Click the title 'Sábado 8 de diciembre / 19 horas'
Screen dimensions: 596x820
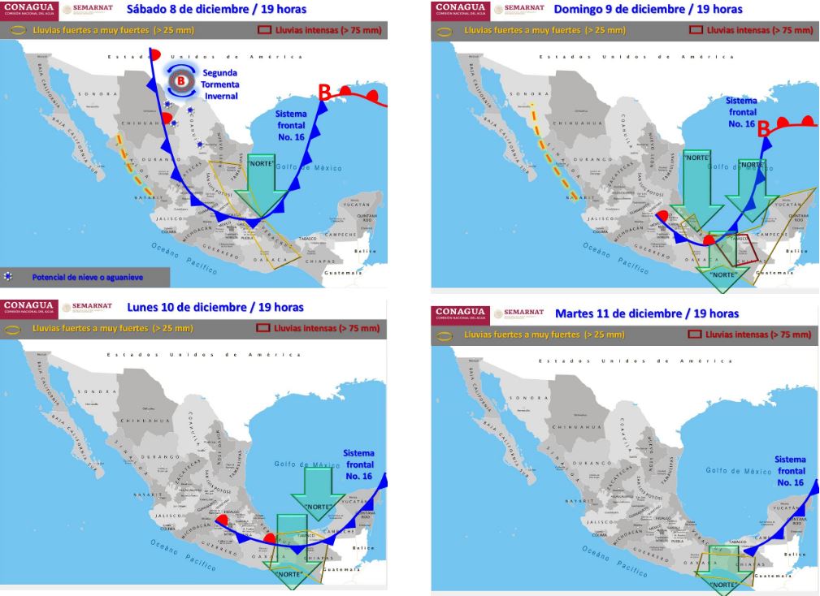point(216,10)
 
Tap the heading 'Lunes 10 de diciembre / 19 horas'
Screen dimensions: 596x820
point(215,307)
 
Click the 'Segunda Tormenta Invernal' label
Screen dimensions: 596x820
point(220,84)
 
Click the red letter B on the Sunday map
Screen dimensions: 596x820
point(765,129)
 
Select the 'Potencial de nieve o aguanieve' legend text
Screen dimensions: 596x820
point(87,277)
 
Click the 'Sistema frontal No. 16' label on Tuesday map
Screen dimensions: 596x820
point(790,471)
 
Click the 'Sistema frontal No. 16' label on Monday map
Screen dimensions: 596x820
point(358,464)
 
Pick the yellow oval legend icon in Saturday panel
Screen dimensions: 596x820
point(20,30)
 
